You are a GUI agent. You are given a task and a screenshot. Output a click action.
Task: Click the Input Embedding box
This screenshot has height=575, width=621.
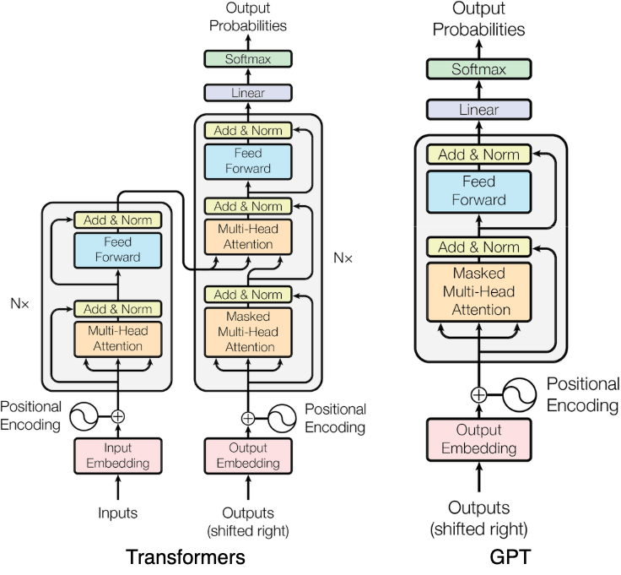117,455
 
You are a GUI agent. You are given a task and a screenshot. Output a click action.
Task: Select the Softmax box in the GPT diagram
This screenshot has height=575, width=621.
478,71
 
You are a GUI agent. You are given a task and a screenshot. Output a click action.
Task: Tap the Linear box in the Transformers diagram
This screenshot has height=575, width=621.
247,92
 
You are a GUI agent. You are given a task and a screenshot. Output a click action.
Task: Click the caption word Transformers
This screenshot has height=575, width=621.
186,557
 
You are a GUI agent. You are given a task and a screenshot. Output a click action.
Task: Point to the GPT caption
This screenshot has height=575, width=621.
509,557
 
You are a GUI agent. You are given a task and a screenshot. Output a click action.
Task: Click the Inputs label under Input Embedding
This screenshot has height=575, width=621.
116,513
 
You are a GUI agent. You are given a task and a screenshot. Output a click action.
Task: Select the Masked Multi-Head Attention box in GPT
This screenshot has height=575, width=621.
478,291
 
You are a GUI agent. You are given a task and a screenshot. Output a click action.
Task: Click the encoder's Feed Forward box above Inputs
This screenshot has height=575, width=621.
117,249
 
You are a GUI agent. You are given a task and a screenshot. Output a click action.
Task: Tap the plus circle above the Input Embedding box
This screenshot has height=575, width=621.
117,415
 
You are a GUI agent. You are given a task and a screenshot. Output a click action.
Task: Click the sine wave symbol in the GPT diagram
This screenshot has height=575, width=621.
521,393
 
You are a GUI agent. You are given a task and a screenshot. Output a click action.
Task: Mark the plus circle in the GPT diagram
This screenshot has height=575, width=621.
478,393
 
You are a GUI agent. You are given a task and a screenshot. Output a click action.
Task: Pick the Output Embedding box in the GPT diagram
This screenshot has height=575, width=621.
478,440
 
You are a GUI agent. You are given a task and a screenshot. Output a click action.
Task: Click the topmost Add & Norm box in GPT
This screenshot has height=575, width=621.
478,155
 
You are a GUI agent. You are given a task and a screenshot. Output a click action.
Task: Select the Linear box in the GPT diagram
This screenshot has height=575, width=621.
478,110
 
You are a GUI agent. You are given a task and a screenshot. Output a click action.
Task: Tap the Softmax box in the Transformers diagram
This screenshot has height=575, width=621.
247,59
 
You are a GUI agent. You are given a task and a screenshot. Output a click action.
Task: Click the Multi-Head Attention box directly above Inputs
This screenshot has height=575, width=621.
117,338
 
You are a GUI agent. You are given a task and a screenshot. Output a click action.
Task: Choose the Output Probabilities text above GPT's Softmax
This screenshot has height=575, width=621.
478,19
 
